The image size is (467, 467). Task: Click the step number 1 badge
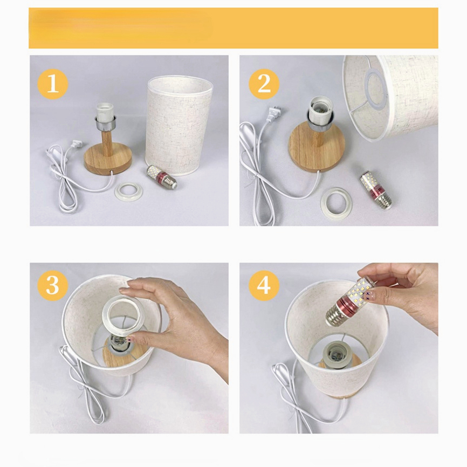point(53,84)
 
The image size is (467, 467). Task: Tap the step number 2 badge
point(264,84)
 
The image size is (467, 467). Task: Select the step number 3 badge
point(53,285)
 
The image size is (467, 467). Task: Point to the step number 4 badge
point(264,285)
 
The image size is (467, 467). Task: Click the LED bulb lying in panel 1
point(162,177)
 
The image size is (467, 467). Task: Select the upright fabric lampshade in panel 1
point(178,125)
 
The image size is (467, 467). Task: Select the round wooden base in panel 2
point(317,147)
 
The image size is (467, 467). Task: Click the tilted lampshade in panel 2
point(390,97)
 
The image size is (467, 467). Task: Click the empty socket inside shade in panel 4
point(335,354)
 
